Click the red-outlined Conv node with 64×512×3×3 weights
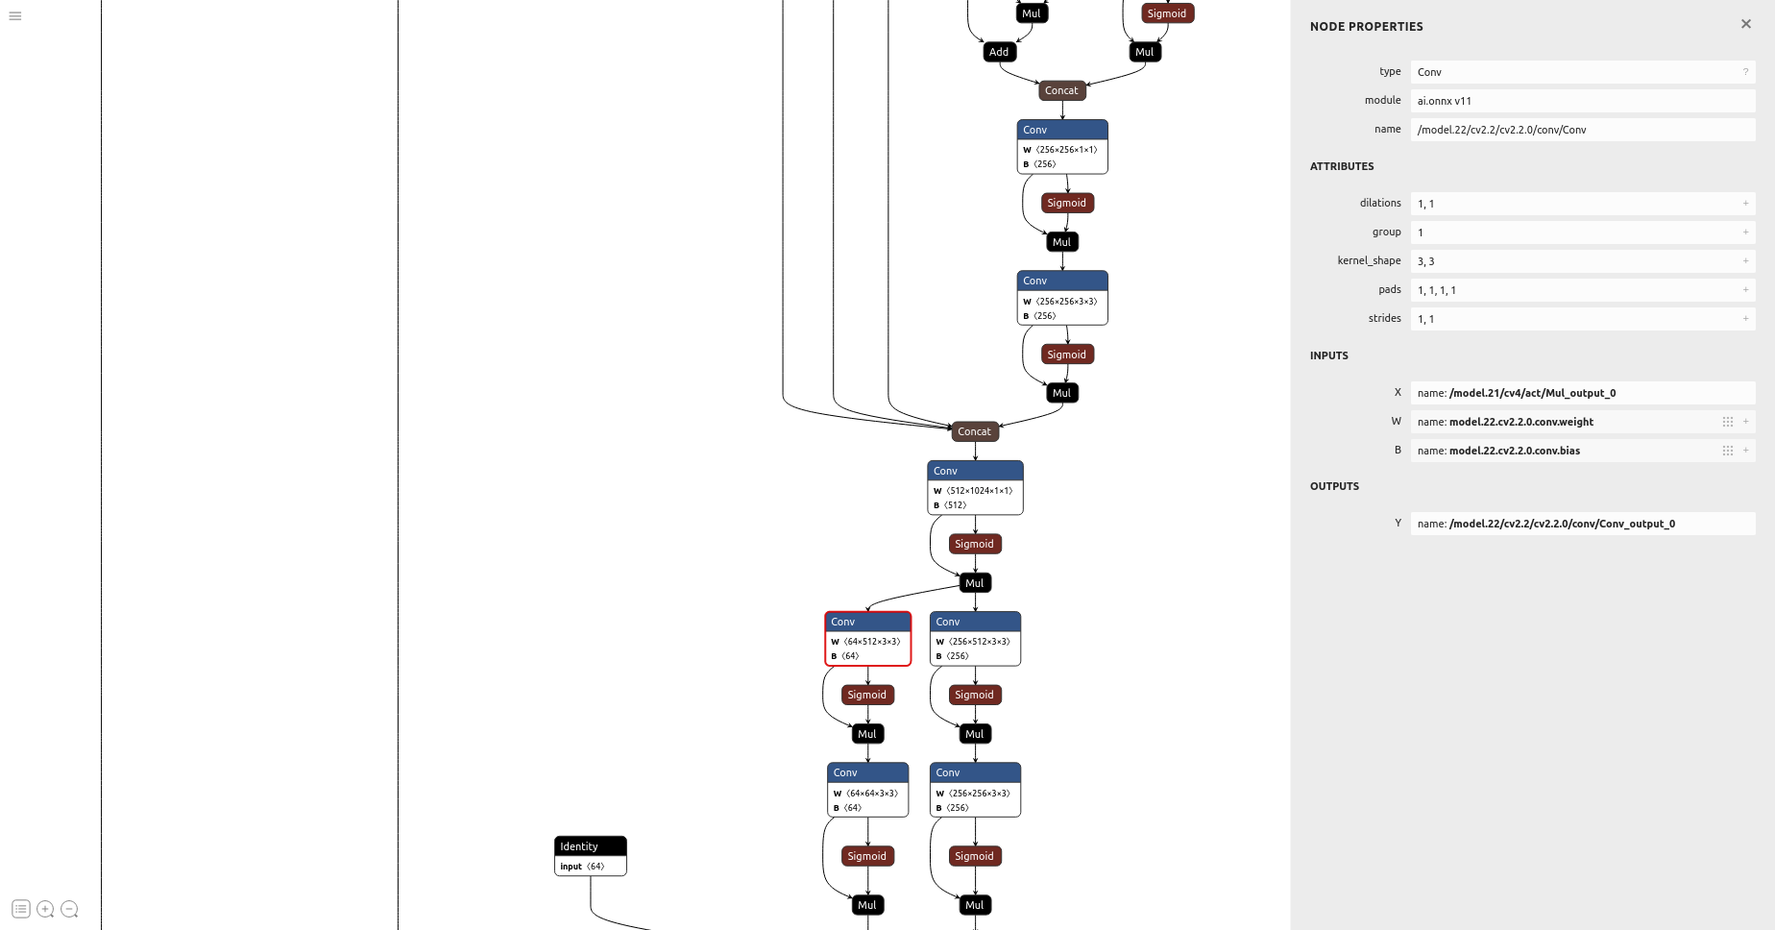point(867,639)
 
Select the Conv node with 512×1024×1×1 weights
point(975,488)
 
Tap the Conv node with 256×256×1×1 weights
point(1061,147)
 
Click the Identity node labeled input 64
point(590,855)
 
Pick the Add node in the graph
point(999,52)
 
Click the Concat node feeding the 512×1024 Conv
point(974,431)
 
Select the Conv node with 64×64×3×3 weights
point(867,790)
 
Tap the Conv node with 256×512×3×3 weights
point(975,639)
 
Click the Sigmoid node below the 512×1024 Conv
point(974,544)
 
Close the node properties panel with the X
point(1745,24)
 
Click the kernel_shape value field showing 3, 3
point(1575,261)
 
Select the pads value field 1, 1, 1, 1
point(1575,290)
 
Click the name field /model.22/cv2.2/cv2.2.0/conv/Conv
point(1575,130)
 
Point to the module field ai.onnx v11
point(1575,101)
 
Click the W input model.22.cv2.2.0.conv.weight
point(1566,422)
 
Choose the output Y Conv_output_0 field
point(1575,524)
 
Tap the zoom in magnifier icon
point(45,909)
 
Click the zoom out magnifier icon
point(69,909)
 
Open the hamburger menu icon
point(15,16)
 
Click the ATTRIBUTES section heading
point(1342,166)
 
